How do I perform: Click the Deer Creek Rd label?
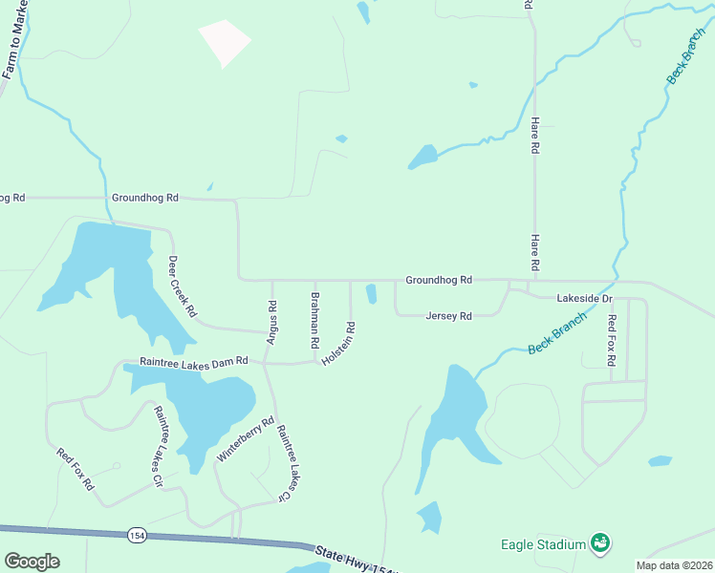click(182, 286)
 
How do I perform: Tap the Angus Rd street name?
click(271, 322)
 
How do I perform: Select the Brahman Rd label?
click(313, 312)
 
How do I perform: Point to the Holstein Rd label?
click(339, 342)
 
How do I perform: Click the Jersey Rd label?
click(449, 316)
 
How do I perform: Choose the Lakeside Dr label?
click(584, 299)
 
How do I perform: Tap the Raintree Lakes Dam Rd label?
click(193, 361)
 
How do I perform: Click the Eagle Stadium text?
click(543, 545)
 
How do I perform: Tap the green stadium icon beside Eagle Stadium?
click(600, 544)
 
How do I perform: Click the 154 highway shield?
click(138, 535)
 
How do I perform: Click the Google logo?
click(32, 562)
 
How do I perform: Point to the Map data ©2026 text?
click(674, 565)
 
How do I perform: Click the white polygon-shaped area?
click(224, 42)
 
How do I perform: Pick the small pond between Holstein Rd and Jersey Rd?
click(371, 294)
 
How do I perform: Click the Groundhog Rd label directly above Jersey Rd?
click(439, 281)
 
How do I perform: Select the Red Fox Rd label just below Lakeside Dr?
click(612, 340)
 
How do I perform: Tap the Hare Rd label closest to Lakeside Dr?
click(535, 251)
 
